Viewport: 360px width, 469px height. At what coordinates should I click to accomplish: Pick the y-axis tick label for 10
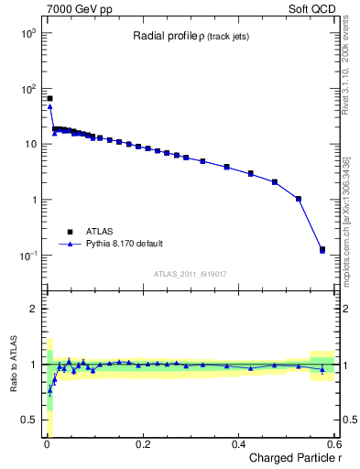pyautogui.click(x=31, y=145)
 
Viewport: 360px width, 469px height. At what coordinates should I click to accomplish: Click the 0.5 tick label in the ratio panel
pyautogui.click(x=30, y=420)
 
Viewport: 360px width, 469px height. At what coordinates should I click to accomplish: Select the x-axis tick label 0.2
pyautogui.click(x=142, y=444)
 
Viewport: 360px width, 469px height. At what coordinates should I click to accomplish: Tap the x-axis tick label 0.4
pyautogui.click(x=238, y=444)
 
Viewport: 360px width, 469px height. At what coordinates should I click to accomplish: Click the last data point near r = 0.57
pyautogui.click(x=322, y=249)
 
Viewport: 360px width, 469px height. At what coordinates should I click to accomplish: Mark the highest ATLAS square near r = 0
pyautogui.click(x=49, y=98)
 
